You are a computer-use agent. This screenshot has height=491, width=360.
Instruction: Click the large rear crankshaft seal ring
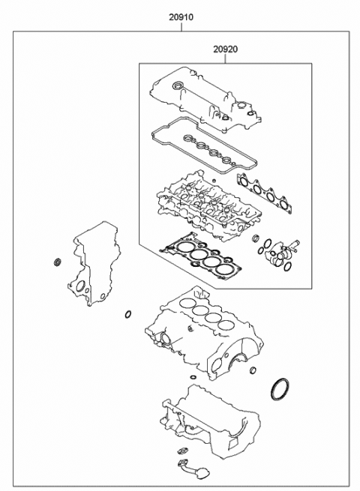tap(278, 390)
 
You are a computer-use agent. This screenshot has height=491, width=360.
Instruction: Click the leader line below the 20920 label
tap(226, 58)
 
